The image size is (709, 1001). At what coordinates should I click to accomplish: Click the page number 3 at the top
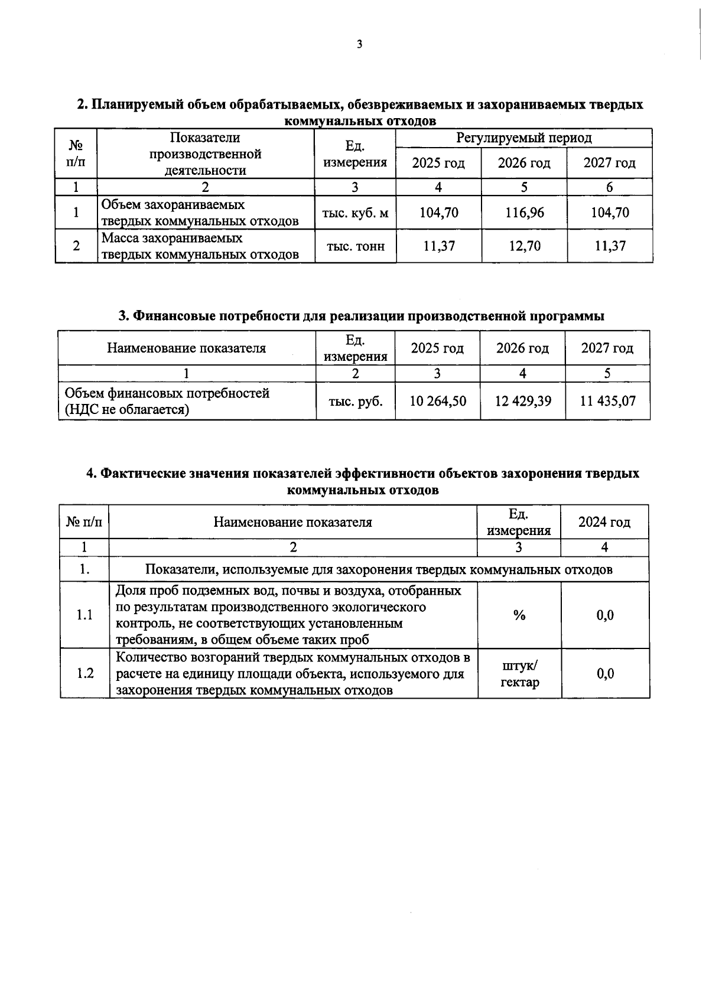pos(359,44)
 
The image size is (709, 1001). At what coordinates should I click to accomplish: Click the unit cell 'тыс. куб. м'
pos(355,213)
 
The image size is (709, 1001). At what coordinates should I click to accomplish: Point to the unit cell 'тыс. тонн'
pos(355,246)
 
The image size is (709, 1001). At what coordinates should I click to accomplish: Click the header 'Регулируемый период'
pos(523,138)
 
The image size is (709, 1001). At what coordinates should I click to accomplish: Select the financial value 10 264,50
pos(438,402)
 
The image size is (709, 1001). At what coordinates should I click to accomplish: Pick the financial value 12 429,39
pos(523,402)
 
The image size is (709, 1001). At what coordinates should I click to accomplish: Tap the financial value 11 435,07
pos(607,402)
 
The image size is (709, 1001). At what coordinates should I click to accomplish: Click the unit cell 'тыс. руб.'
pos(356,402)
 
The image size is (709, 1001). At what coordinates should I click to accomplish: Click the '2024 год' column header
pos(604,522)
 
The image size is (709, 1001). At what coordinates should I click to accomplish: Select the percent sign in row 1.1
pos(519,615)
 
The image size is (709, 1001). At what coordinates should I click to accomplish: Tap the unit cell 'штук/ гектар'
pos(519,674)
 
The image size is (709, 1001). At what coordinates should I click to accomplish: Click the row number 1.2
pos(85,674)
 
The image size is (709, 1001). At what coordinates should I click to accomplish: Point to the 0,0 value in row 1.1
pos(605,615)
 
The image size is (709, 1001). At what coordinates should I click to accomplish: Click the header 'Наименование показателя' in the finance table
pos(186,348)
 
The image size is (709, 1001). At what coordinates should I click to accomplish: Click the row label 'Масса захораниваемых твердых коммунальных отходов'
pos(200,246)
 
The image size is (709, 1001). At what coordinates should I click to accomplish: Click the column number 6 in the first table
pos(609,187)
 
